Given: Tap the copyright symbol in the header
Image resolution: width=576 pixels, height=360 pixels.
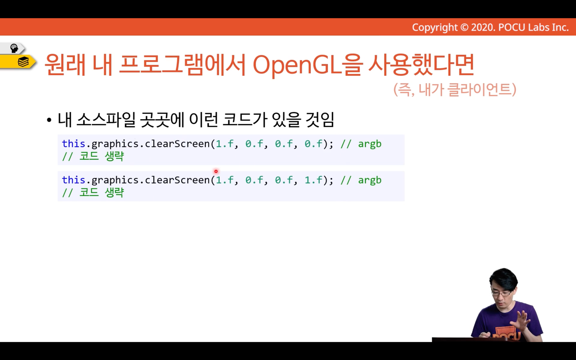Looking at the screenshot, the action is click(x=464, y=27).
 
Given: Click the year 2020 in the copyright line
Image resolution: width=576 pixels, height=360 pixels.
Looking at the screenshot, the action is click(x=482, y=27).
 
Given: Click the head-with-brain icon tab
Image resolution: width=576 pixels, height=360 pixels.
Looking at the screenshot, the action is click(x=14, y=48).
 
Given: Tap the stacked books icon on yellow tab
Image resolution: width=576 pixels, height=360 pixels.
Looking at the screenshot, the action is click(x=23, y=62).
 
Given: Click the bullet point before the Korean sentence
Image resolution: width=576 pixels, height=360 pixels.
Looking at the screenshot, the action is click(x=49, y=120).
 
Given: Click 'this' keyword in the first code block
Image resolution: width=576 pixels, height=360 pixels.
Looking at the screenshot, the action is click(x=74, y=144).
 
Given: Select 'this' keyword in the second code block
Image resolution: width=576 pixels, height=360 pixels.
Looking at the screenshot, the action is click(x=74, y=180).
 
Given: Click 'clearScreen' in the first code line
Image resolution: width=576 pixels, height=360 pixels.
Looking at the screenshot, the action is click(x=177, y=144).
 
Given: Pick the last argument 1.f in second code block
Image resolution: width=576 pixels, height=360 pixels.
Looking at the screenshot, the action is click(x=313, y=180).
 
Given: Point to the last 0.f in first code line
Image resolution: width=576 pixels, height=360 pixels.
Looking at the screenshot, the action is click(x=313, y=144).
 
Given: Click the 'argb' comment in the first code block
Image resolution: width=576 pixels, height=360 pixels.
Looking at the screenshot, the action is click(x=370, y=144).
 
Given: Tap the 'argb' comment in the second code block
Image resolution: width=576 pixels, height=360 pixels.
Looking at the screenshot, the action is click(x=370, y=180).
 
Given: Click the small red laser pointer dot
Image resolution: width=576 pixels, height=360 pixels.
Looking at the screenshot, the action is click(x=216, y=171).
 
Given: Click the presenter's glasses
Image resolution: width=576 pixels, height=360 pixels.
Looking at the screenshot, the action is click(x=502, y=293).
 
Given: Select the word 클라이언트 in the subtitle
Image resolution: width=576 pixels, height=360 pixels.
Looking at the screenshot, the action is click(x=482, y=90).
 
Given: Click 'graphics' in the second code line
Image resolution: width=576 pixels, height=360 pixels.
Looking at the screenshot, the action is click(x=115, y=180).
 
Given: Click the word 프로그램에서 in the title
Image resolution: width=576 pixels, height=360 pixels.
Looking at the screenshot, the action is click(x=183, y=65).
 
